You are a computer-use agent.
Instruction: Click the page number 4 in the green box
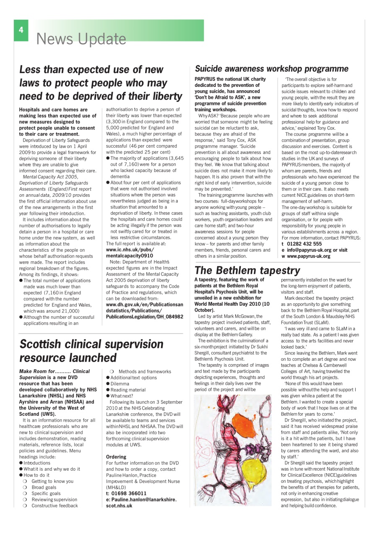[21, 30]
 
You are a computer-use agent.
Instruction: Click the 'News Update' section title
[81, 39]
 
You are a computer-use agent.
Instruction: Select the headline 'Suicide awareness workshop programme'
[271, 68]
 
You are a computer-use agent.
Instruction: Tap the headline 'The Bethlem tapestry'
[247, 270]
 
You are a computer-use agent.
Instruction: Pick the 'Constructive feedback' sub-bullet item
[55, 506]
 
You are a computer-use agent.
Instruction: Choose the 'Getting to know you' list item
[52, 481]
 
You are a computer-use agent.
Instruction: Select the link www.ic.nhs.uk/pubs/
[130, 249]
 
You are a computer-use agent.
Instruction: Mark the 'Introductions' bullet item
[37, 463]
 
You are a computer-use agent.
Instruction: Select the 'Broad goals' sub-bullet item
[44, 487]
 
